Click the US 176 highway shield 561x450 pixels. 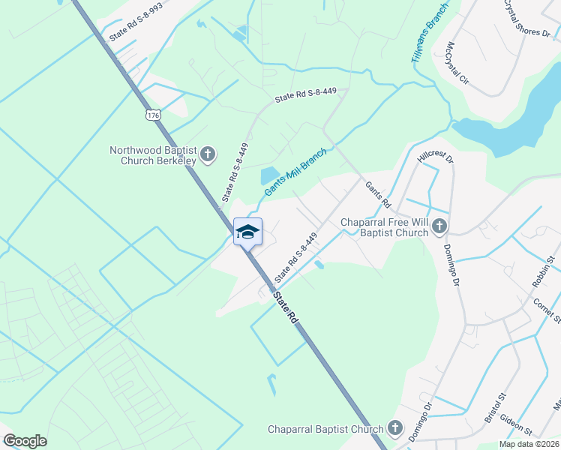pos(153,115)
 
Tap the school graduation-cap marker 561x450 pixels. pos(247,232)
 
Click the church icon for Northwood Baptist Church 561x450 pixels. pos(208,155)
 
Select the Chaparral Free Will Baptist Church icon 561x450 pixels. pos(439,226)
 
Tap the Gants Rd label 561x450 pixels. pos(378,194)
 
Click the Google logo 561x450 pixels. pos(25,440)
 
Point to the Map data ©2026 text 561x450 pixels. pos(529,444)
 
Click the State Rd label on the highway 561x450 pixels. pos(285,307)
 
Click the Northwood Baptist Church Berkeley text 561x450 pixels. pos(153,155)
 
